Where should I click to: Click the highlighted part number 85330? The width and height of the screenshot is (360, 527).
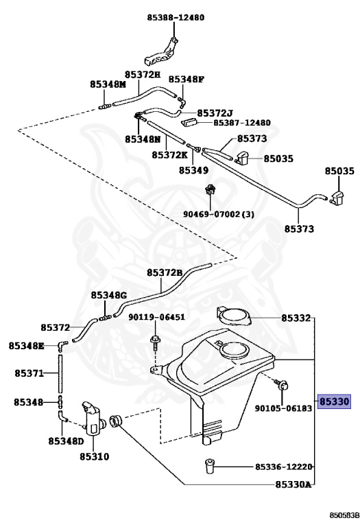(x=334, y=401)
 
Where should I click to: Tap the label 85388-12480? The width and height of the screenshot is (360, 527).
(x=176, y=17)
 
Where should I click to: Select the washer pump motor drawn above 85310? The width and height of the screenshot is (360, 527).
(x=93, y=419)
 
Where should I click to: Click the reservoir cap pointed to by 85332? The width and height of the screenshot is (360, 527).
(x=234, y=316)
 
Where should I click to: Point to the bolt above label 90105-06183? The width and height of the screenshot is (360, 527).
(x=281, y=385)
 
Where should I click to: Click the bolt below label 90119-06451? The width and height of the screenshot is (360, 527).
(x=155, y=342)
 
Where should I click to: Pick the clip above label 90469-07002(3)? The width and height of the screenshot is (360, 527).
(x=210, y=190)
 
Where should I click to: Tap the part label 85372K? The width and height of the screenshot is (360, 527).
(x=169, y=155)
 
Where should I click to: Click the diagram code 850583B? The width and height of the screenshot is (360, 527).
(x=341, y=515)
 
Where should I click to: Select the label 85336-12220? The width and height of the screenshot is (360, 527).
(x=283, y=467)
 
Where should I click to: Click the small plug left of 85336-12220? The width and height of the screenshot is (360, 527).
(x=209, y=466)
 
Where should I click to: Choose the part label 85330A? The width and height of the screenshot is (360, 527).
(x=293, y=484)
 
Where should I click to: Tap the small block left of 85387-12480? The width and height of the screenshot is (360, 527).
(x=189, y=121)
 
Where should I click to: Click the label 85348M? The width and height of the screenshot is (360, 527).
(x=108, y=84)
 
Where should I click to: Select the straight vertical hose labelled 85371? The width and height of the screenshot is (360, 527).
(x=60, y=373)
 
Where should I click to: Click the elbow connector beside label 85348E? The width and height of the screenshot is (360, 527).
(x=62, y=345)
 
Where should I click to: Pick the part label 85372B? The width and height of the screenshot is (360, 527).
(x=164, y=272)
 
